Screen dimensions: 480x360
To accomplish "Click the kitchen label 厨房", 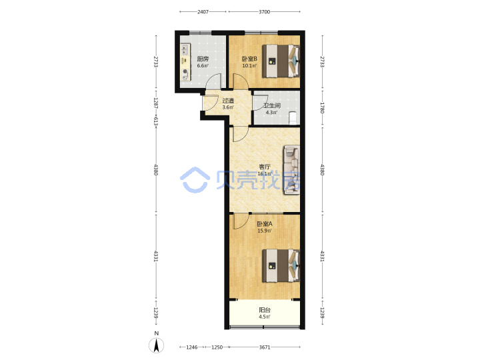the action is coord(203,59).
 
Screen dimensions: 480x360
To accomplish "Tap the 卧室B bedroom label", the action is coord(249,59).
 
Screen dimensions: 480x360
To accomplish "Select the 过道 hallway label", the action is coord(228,101).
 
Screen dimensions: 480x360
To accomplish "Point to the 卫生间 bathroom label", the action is coord(272,105).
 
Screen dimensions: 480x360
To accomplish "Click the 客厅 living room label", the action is coord(265,167).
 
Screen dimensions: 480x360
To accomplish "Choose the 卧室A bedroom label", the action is coord(265,224).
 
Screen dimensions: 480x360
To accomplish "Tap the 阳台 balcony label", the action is coord(265,310).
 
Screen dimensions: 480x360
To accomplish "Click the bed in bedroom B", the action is coord(281,61).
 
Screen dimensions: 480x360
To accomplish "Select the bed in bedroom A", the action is coord(281,266).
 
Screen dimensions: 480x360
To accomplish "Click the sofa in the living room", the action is coord(291,169).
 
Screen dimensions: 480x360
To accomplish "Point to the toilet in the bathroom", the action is coord(293,119).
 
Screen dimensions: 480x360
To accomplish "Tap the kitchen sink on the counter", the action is coord(185,49).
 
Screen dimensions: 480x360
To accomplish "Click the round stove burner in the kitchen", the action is coord(185,71).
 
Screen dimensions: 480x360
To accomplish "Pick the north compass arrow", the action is coord(157,345).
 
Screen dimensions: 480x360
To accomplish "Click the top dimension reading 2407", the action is coord(203,11).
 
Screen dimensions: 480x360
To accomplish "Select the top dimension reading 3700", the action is coord(265,11).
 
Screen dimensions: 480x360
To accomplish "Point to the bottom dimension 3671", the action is coord(265,347).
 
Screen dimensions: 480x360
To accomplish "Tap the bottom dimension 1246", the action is coord(192,347).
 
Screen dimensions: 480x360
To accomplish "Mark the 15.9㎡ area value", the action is coord(265,231).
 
